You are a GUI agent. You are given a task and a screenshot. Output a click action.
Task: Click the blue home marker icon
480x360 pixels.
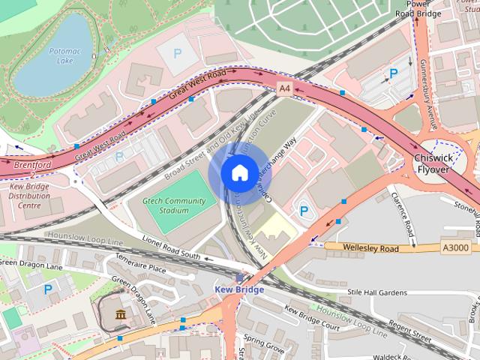coord(238,173)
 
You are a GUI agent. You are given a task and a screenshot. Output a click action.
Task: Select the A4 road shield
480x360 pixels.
coord(284,88)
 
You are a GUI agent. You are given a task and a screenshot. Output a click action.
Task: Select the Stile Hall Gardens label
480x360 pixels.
coord(382,292)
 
